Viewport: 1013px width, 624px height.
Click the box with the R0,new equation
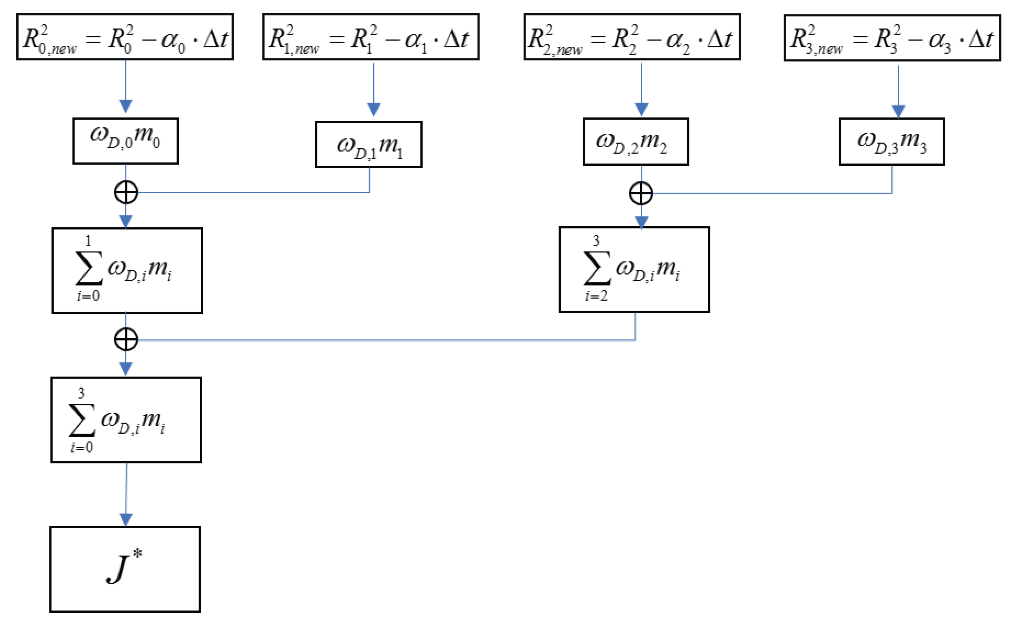[125, 37]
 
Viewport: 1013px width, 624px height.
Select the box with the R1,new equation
[371, 37]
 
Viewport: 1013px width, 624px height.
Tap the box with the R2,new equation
[632, 37]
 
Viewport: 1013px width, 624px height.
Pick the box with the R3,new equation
[892, 38]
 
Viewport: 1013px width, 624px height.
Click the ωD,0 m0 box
[125, 141]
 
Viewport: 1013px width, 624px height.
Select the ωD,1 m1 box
[369, 144]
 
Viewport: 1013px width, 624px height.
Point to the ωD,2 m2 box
[636, 141]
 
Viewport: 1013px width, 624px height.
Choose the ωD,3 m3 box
[891, 141]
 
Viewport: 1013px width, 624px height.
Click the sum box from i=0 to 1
[127, 271]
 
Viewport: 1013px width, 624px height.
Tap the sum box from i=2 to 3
[634, 269]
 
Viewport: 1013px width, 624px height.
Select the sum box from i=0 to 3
[126, 420]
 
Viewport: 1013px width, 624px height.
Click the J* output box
[125, 570]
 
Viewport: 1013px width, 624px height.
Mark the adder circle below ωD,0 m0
[126, 192]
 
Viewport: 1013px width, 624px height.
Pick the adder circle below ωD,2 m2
[641, 194]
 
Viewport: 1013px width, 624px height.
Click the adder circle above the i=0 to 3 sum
[126, 340]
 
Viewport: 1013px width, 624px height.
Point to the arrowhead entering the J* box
[126, 520]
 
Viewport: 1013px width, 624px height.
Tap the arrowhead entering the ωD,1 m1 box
[374, 109]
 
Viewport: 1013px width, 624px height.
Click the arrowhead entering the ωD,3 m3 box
[898, 111]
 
